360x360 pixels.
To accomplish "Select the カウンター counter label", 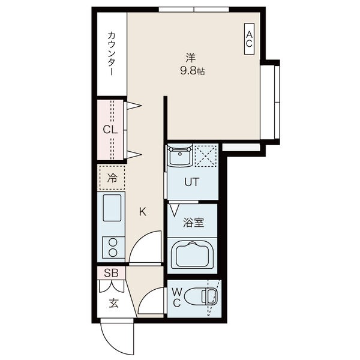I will click(x=112, y=55).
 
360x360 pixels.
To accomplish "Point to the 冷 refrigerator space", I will click(x=112, y=178).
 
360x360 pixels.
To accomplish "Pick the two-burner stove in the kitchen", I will click(x=112, y=247).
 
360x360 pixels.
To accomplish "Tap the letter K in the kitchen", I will click(x=142, y=211).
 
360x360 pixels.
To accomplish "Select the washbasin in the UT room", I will click(x=179, y=158).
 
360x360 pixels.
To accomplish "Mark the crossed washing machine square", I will click(x=205, y=155).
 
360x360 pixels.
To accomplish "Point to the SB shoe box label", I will click(x=111, y=273).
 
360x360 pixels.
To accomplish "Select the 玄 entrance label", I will click(x=113, y=302).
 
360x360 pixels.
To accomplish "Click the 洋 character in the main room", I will click(x=190, y=58).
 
